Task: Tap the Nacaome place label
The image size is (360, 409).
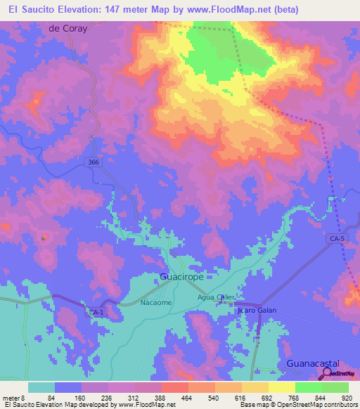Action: [156, 302]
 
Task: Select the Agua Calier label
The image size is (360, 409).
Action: [216, 297]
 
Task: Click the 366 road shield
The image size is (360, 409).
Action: [94, 162]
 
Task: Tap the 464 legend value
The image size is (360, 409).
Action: [187, 398]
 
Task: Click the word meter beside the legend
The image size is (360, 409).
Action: [11, 398]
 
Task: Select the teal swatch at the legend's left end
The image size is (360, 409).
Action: [41, 387]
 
